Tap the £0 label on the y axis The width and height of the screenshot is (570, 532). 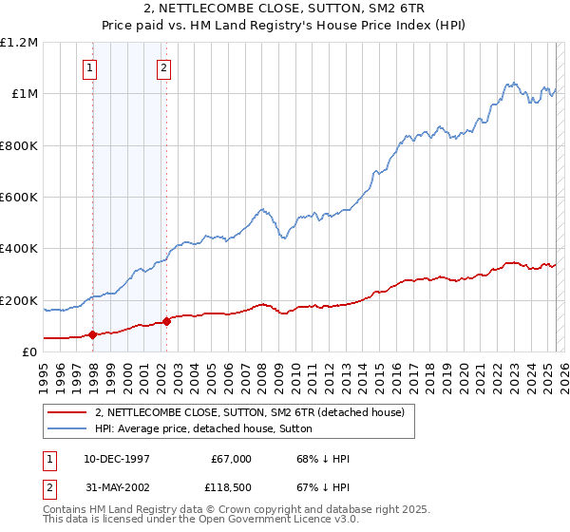pos(30,352)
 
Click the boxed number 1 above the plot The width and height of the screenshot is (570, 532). pos(90,67)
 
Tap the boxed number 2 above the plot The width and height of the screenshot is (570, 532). pos(164,67)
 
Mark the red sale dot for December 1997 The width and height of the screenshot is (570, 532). pos(92,334)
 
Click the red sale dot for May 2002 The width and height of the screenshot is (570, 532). pos(166,321)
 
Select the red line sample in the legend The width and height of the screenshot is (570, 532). pos(67,412)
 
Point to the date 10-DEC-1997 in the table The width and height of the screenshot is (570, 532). pos(116,459)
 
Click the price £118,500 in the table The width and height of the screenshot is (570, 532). pos(231,487)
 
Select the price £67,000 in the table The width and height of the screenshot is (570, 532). pos(231,459)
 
